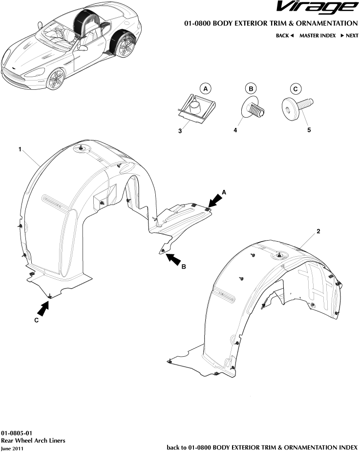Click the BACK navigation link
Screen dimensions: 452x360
tap(284, 36)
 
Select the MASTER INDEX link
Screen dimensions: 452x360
tap(317, 36)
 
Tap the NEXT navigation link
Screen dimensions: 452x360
tap(349, 36)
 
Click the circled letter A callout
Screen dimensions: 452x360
tap(206, 89)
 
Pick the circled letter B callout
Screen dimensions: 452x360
tap(251, 89)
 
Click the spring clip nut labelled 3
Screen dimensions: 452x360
tap(194, 107)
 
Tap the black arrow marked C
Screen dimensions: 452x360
tap(44, 308)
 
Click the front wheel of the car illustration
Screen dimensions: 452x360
tap(55, 78)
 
